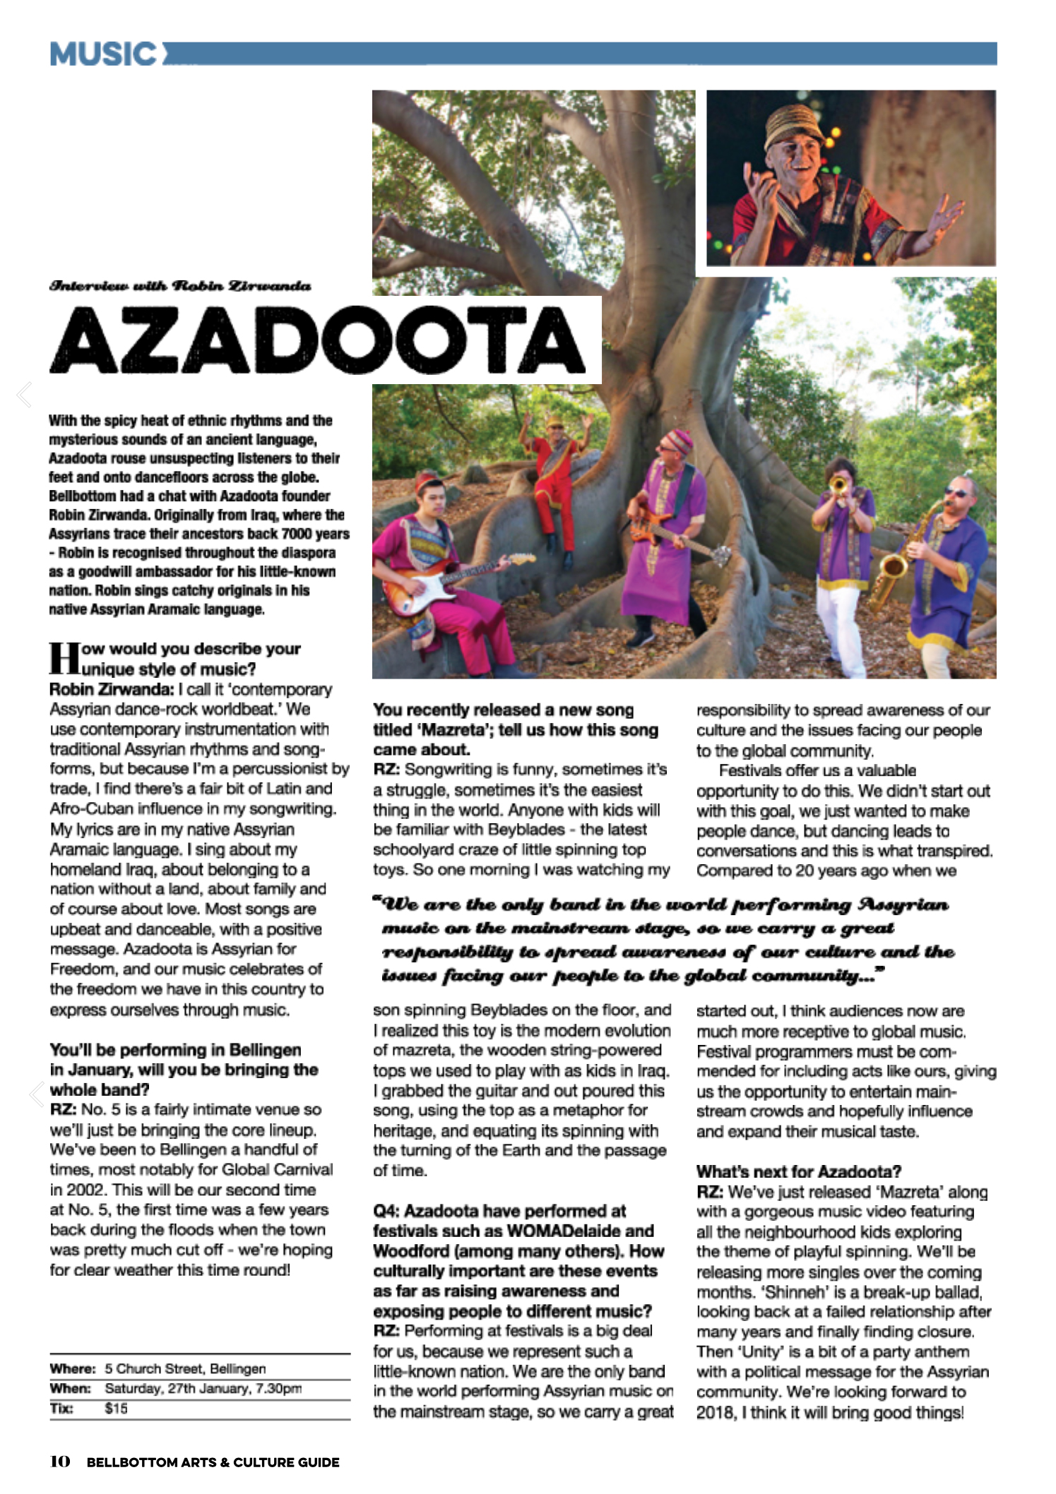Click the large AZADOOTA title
318,341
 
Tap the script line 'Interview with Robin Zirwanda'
179,286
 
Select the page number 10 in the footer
60,1462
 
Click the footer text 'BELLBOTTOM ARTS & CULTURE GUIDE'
213,1462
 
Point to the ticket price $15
116,1409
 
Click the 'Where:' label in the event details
72,1368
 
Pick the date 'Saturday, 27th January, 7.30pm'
203,1388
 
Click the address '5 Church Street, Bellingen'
185,1368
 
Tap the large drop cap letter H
64,658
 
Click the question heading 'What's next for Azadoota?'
798,1171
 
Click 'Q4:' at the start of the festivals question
387,1212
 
